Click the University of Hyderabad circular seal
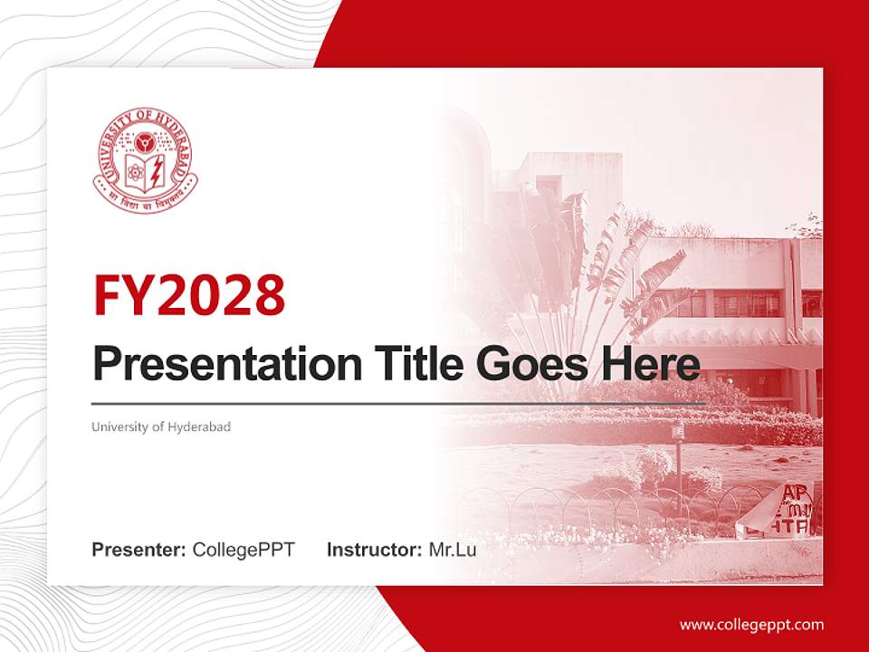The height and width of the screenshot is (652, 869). [145, 160]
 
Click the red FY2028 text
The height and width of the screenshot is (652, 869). [189, 294]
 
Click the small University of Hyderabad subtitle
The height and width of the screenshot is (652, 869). [161, 426]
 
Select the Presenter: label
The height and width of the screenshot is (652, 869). [139, 549]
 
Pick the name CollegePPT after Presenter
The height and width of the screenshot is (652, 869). [244, 549]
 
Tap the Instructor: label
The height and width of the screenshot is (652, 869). [374, 549]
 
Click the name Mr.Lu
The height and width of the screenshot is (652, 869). [452, 549]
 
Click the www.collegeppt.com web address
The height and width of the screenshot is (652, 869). [751, 624]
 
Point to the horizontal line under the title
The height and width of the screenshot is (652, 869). [398, 402]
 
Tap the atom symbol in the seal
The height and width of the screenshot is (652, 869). [134, 168]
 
